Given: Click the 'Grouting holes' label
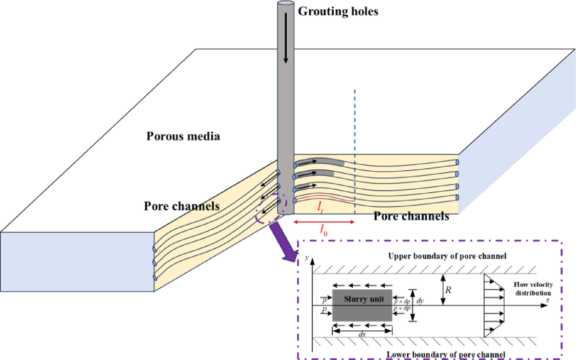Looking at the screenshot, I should coord(338,11).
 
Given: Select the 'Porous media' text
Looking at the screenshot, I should coord(183,136).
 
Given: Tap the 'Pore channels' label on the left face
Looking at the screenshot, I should coord(181,205).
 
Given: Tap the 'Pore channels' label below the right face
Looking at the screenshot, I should coord(411,216).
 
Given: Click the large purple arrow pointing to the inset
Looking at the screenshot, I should coord(286,242).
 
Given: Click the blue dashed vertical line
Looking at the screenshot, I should coord(355,146).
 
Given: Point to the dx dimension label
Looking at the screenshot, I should coord(362,335).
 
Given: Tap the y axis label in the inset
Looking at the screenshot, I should coord(307,257).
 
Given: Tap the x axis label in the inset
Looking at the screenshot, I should coord(548,300).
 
